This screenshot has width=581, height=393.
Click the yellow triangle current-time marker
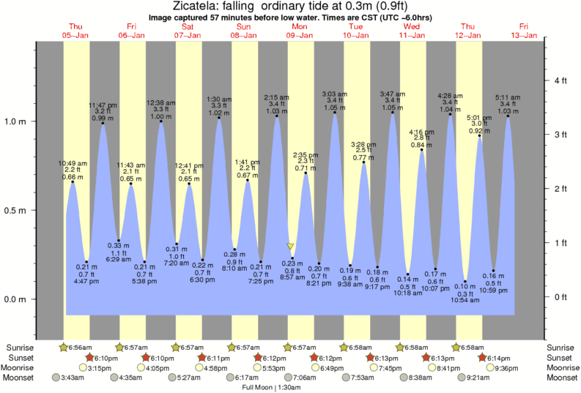[x=291, y=247]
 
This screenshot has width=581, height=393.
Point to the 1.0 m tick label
[x=15, y=121]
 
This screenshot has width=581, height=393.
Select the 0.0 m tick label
[x=15, y=299]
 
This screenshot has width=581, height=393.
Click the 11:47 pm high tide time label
[x=103, y=105]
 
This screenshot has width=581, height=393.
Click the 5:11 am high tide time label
[x=508, y=98]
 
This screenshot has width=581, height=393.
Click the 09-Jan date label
[x=300, y=35]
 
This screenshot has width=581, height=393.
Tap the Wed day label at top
[x=412, y=26]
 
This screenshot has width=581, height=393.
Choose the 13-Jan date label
[x=525, y=35]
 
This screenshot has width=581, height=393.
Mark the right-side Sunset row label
[x=561, y=357]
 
